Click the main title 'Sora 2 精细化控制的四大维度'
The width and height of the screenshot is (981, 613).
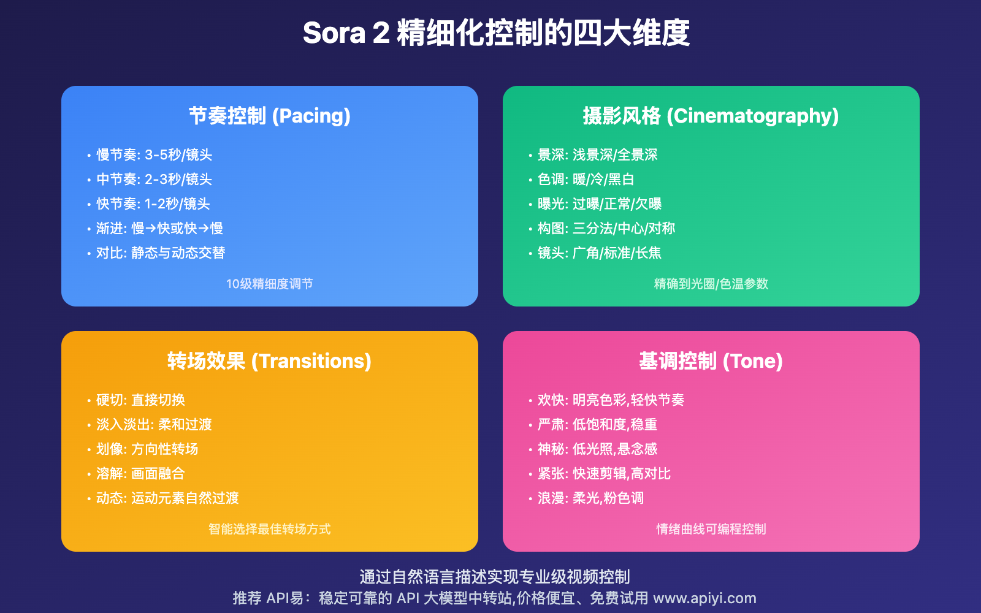point(496,33)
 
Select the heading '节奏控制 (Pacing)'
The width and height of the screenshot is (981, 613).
point(269,116)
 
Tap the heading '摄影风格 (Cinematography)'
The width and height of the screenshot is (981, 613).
point(711,116)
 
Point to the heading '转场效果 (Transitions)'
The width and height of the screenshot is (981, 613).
point(269,361)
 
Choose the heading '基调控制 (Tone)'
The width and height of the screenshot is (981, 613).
point(711,361)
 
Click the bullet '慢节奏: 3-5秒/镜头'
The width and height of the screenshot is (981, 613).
point(154,155)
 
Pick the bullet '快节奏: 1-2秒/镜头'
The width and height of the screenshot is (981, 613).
point(153,204)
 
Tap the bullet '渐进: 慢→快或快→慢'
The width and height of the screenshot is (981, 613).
point(159,229)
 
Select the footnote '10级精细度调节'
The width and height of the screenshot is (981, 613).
point(269,284)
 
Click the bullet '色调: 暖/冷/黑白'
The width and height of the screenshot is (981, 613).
point(586,180)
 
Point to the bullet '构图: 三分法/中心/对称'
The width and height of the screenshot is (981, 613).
point(606,229)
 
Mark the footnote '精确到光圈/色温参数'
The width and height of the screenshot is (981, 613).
point(711,284)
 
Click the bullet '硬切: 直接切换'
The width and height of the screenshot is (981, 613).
point(140,400)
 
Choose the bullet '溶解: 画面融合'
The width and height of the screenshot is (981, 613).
point(140,474)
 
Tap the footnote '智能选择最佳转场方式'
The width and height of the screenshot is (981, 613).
point(269,529)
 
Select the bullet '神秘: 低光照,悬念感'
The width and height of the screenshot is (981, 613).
point(597,449)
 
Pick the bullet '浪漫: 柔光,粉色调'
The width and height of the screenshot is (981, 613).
point(590,498)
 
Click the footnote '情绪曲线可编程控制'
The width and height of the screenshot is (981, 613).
point(711,529)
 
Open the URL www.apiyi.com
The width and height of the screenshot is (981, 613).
point(704,598)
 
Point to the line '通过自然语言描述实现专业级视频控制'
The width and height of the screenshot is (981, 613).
point(494,577)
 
